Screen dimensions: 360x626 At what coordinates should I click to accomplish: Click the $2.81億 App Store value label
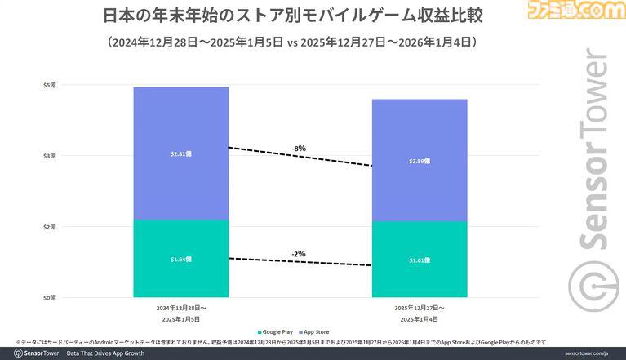coord(180,153)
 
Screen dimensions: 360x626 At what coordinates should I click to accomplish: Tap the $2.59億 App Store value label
coord(419,161)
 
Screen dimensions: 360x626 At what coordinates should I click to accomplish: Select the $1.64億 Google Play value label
coord(180,260)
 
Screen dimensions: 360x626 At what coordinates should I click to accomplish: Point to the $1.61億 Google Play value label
coord(419,260)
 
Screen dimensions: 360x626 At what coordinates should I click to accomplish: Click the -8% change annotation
coord(298,149)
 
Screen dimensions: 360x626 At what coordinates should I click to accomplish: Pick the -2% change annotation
coord(298,254)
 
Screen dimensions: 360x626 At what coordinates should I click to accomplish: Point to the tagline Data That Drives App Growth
coord(107,353)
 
